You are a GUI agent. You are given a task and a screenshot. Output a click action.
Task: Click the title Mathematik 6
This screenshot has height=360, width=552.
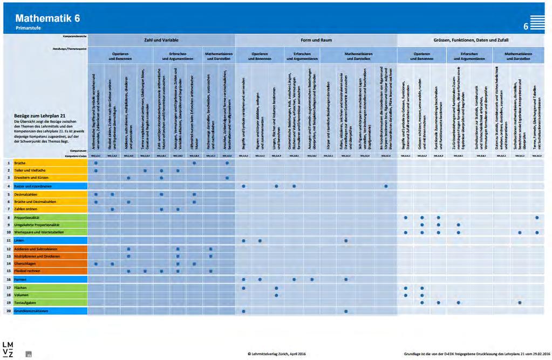[x=48, y=18]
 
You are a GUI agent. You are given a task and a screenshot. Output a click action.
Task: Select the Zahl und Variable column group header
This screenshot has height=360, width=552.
[x=161, y=40]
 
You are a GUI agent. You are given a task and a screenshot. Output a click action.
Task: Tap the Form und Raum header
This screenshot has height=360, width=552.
[x=316, y=40]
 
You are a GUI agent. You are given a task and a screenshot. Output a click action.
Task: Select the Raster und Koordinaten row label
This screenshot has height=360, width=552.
[x=33, y=186]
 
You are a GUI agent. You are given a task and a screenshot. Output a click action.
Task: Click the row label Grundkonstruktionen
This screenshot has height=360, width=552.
[x=32, y=311]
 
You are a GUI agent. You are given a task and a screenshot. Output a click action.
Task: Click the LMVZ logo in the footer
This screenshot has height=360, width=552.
[x=9, y=349]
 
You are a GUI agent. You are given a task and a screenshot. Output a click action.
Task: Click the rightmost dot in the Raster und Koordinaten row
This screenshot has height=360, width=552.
[x=386, y=186]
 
